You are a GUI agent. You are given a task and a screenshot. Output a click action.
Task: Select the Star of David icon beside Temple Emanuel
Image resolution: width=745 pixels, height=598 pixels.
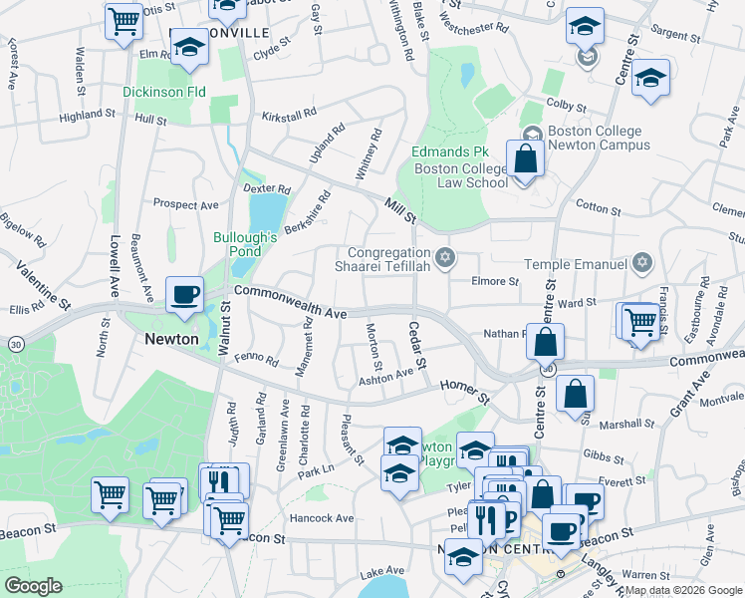(x=643, y=263)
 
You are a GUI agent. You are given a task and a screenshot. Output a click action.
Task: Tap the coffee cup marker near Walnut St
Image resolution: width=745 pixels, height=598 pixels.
(x=185, y=296)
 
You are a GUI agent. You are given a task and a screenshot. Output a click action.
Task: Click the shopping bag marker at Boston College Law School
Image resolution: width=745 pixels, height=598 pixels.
(x=525, y=159)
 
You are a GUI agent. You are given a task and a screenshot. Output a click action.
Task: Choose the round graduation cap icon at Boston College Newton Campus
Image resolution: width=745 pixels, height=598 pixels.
(x=532, y=133)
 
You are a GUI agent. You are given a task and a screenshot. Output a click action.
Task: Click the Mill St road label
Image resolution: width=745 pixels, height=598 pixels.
(x=400, y=209)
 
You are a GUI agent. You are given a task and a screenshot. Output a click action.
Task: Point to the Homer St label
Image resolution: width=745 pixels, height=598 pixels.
(x=466, y=391)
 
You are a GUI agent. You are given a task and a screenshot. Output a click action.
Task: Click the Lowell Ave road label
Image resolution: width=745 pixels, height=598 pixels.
(x=116, y=262)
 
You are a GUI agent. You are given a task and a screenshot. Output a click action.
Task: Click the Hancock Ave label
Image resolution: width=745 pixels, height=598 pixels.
(x=322, y=518)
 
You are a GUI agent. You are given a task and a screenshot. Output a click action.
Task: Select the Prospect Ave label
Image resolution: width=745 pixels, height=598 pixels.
(x=185, y=205)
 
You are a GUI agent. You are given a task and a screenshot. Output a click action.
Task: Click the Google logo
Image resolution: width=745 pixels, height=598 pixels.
(x=33, y=586)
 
